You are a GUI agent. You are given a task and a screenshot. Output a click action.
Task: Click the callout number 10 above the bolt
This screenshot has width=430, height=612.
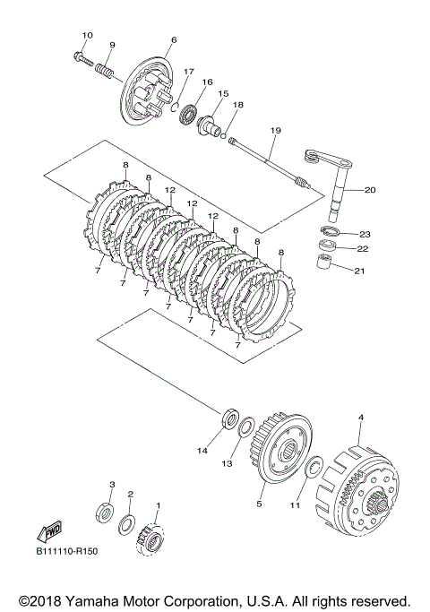pyautogui.click(x=88, y=36)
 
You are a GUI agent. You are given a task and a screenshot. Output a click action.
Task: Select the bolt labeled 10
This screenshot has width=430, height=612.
pyautogui.click(x=82, y=59)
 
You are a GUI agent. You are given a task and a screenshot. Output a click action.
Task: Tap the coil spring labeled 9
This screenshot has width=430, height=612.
pyautogui.click(x=105, y=72)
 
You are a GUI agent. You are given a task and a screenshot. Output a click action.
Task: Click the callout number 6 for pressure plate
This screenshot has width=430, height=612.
pyautogui.click(x=174, y=39)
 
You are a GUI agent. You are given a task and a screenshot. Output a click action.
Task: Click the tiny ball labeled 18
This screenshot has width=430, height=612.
pyautogui.click(x=223, y=136)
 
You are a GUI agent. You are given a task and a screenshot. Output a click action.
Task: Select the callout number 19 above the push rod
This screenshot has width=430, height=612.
pyautogui.click(x=276, y=130)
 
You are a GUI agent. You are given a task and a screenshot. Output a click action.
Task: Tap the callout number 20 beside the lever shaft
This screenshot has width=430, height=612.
pyautogui.click(x=369, y=190)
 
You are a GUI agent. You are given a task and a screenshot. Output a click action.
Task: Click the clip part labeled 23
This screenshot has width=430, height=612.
pyautogui.click(x=330, y=231)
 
